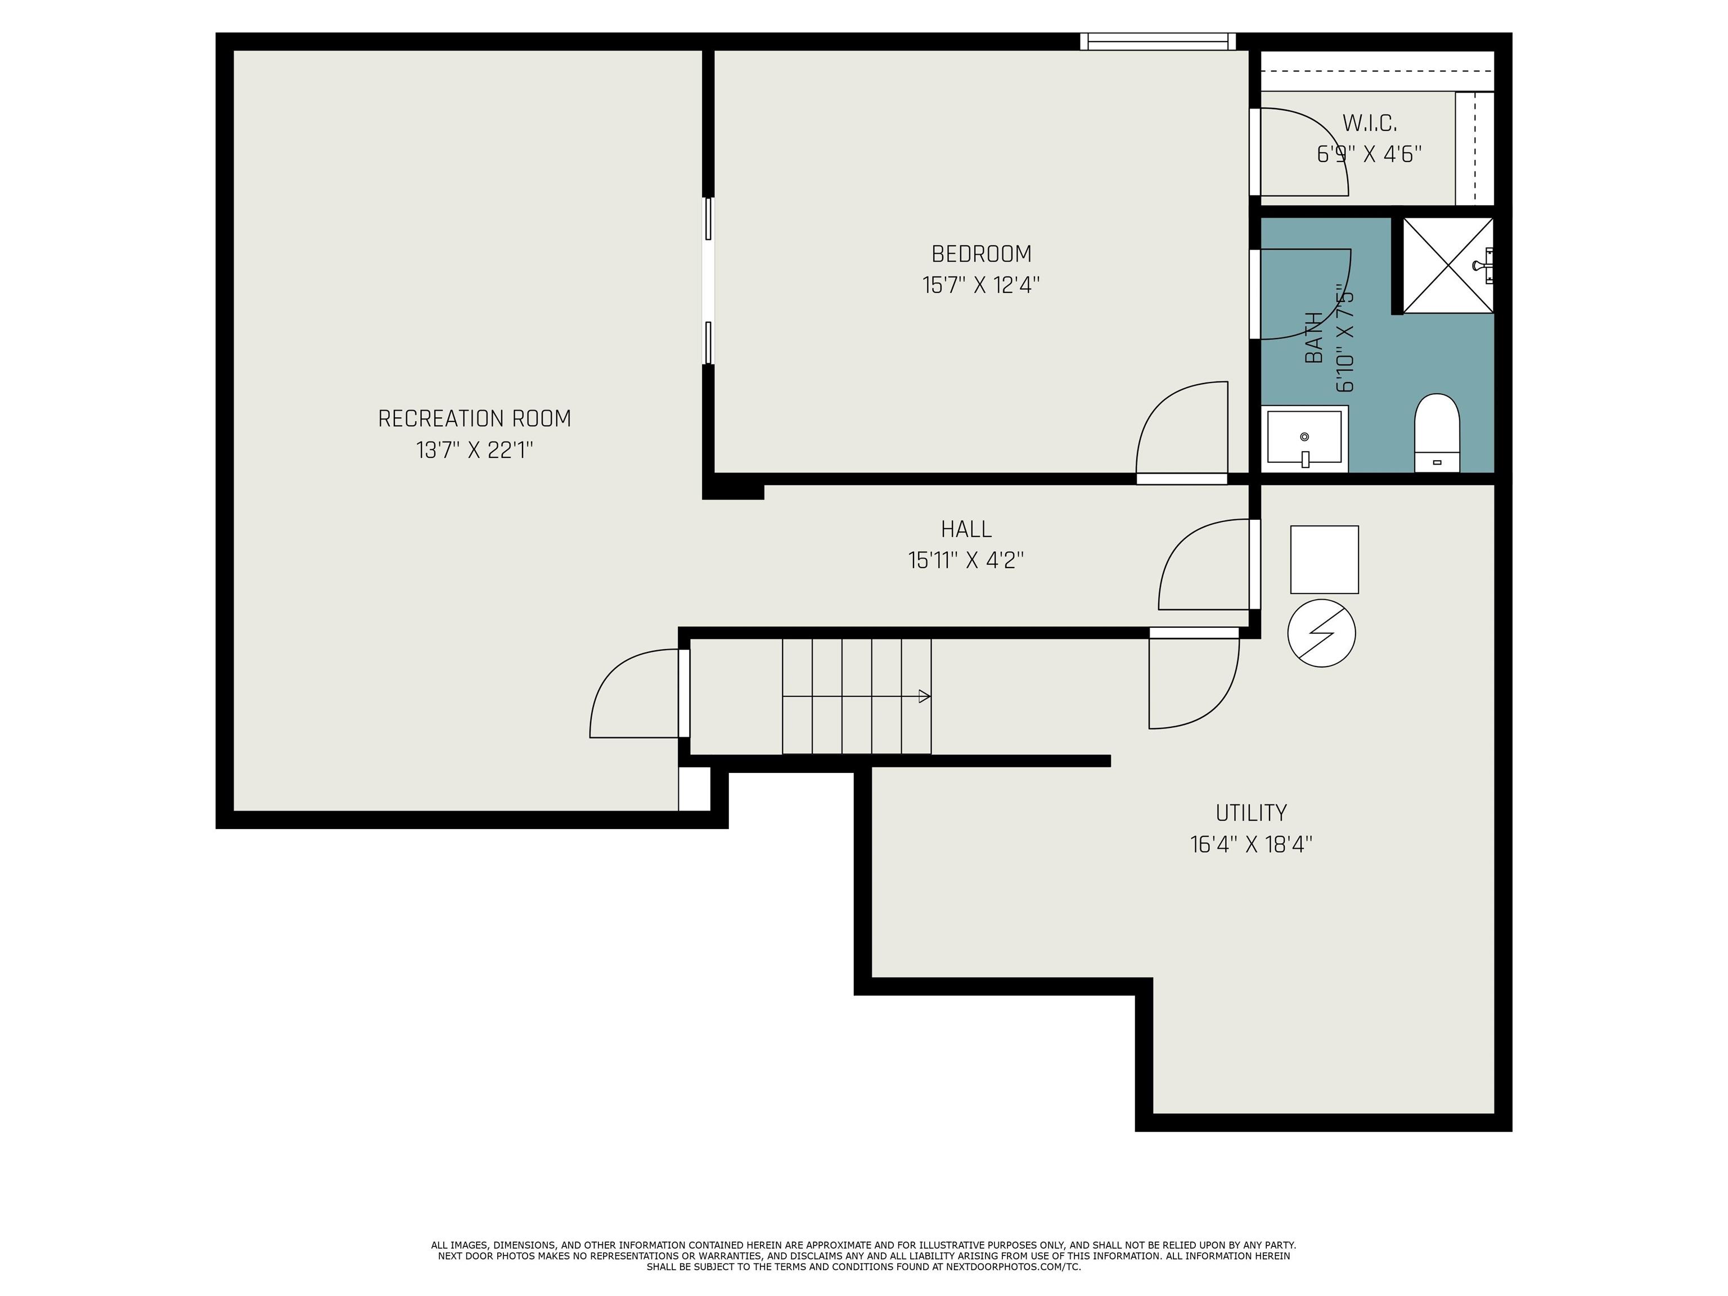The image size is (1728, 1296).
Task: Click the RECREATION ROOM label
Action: (x=474, y=418)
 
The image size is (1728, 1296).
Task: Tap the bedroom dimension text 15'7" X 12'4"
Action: (x=981, y=285)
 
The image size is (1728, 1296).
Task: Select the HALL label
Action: (x=966, y=529)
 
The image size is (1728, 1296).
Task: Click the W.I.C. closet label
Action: (x=1370, y=123)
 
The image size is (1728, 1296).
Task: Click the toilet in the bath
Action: (x=1437, y=434)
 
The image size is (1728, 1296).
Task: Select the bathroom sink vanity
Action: (x=1304, y=438)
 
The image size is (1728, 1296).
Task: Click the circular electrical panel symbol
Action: (x=1321, y=633)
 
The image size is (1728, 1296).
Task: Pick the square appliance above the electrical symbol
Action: (x=1324, y=559)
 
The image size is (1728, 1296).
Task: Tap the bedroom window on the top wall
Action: (x=1159, y=42)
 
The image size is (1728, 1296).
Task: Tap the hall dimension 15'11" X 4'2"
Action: (x=966, y=560)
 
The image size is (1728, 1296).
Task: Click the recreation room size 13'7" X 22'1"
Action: (x=474, y=451)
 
